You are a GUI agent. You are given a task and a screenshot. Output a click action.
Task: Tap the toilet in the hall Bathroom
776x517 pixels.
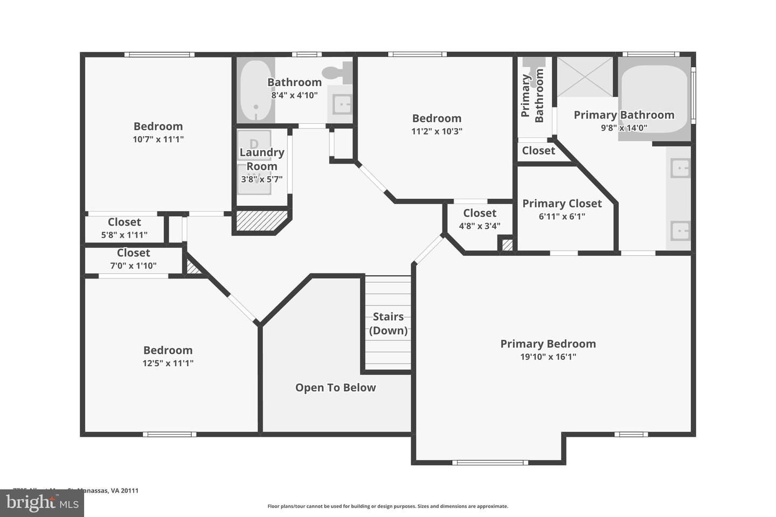pos(338,72)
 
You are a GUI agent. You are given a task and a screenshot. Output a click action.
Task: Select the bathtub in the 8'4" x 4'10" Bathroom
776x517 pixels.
pos(255,90)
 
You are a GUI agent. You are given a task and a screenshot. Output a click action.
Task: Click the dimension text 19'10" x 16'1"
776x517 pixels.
pos(548,357)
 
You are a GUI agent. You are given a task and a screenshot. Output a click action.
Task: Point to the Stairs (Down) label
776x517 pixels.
pos(388,324)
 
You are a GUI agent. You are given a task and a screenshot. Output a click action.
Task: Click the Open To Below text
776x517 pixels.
pos(335,388)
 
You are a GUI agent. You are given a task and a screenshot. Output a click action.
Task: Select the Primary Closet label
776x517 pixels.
pos(562,204)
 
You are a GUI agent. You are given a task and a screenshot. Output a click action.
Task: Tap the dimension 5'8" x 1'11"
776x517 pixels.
pos(124,235)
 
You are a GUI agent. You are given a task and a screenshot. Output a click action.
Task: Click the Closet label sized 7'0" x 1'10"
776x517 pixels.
pos(133,253)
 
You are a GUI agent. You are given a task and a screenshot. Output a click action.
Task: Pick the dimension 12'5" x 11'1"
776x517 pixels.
pos(168,363)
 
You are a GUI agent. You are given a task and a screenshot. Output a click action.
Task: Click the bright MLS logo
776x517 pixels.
pos(41,503)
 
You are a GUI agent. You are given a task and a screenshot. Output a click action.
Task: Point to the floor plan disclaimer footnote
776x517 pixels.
pos(387,506)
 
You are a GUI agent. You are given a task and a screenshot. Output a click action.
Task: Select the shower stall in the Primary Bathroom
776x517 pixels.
pos(585,76)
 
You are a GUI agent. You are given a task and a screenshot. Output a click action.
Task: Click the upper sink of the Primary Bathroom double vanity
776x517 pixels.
pos(680,169)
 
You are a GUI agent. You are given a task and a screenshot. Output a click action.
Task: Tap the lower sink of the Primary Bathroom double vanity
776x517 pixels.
pos(680,231)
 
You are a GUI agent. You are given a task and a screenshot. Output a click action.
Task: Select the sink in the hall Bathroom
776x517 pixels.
pos(342,104)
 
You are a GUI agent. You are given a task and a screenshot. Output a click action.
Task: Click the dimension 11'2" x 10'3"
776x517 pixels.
pos(436,131)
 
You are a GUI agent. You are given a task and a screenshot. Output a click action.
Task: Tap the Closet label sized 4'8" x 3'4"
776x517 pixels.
pos(480,213)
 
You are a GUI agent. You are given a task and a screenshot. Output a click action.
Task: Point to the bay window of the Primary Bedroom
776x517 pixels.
pos(489,462)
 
